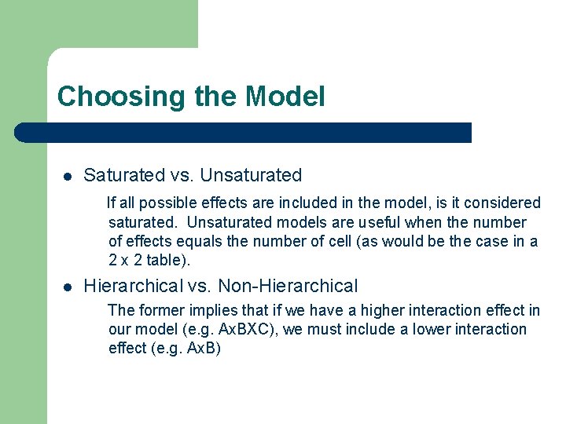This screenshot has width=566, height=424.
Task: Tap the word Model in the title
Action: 285,97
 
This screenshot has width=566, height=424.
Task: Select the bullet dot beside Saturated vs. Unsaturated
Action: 68,176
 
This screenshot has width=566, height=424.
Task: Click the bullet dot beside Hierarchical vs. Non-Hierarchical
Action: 68,287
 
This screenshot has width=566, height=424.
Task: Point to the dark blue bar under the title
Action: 244,133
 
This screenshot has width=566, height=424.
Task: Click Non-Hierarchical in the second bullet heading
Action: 288,286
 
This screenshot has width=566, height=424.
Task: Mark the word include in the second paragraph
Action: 366,329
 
